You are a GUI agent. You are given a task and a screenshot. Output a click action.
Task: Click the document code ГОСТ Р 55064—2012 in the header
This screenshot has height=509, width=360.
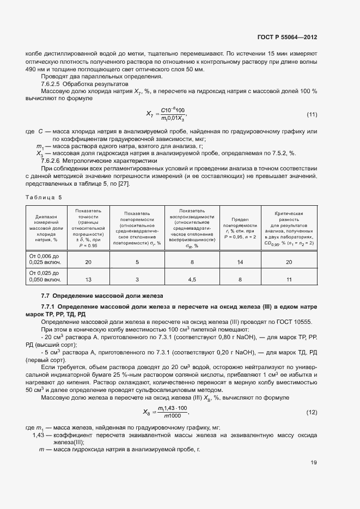click(x=287, y=38)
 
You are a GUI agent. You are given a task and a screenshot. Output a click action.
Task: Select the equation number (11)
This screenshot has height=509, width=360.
click(x=312, y=114)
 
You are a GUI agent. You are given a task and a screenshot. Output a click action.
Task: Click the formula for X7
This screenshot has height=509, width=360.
click(x=166, y=114)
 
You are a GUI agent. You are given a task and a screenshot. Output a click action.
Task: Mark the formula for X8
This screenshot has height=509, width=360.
click(x=165, y=412)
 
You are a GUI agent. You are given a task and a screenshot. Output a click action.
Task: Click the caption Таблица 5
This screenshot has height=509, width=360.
click(x=44, y=197)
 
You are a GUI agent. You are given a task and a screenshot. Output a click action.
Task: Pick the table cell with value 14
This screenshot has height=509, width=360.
click(x=239, y=262)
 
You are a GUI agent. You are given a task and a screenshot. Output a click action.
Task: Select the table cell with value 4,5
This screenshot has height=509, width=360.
click(x=192, y=280)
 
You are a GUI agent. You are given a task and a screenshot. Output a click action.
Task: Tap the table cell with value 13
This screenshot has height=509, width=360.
click(x=88, y=280)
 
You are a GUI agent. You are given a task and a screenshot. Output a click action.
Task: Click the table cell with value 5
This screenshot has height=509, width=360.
click(x=137, y=262)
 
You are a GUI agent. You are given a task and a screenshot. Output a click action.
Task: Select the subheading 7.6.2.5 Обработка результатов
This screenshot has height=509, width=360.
click(x=84, y=85)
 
